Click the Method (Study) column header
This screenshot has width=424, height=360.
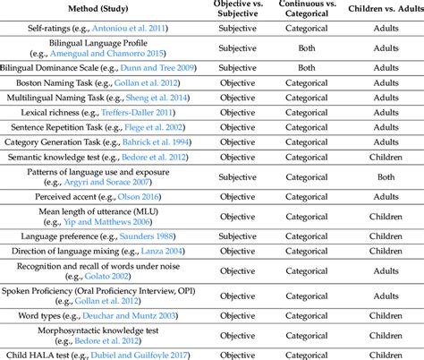[x=101, y=10]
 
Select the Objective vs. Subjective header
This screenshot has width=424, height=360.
[x=238, y=10]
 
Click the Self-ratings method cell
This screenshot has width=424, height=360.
[x=101, y=30]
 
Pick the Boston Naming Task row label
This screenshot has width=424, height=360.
[x=101, y=88]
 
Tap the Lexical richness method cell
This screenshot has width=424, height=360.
[x=101, y=116]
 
